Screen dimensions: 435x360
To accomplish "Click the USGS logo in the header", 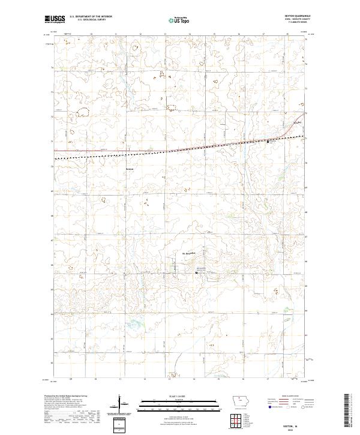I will pos(55,20).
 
